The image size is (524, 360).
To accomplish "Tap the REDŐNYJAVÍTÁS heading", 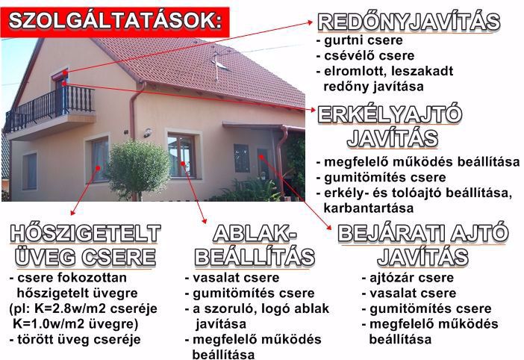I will pyautogui.click(x=408, y=22).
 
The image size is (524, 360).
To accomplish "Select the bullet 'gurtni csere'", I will pyautogui.click(x=363, y=40).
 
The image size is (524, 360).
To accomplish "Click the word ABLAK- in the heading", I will pyautogui.click(x=255, y=233).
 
